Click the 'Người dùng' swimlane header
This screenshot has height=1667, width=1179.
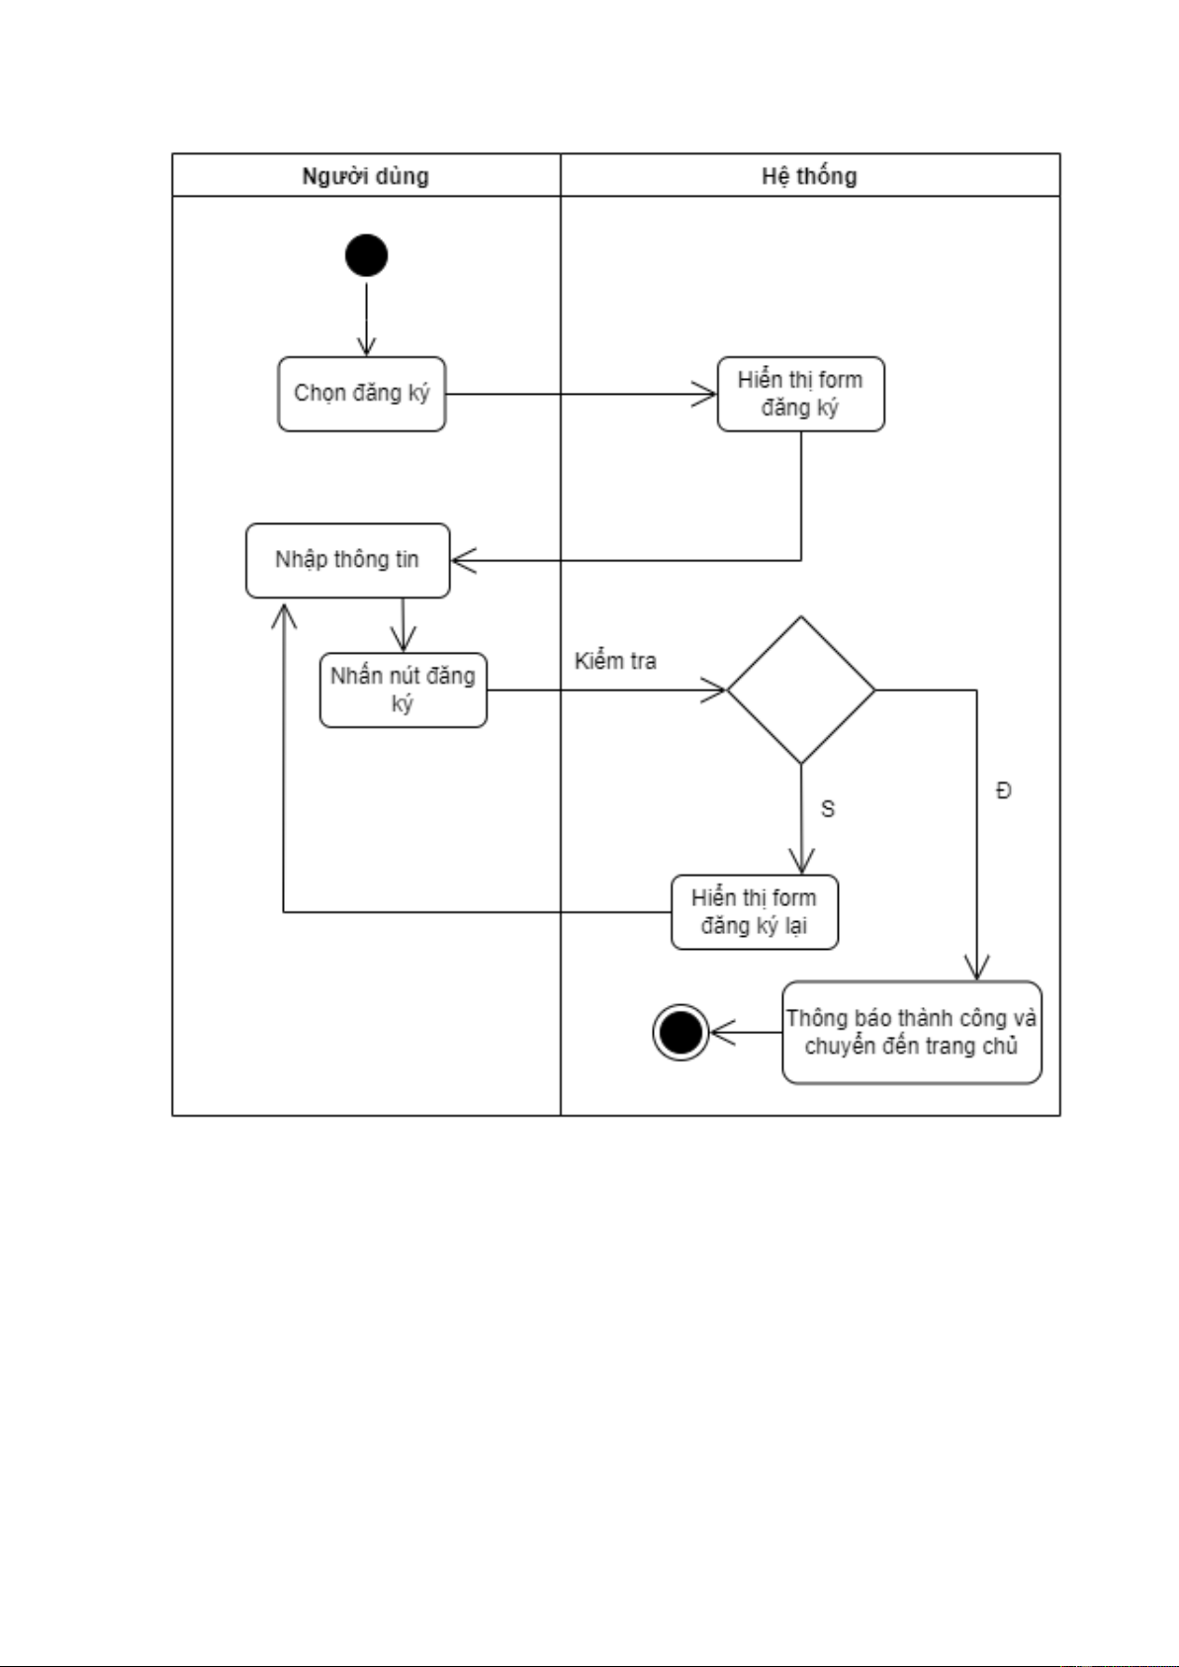(x=365, y=176)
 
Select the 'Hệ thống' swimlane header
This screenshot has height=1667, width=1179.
(x=809, y=176)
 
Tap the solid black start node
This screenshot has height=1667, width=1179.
(x=366, y=255)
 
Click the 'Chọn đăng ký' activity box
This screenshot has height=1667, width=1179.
(x=362, y=394)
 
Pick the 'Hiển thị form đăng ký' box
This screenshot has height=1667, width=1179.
(x=800, y=394)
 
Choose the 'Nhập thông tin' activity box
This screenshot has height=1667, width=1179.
(x=347, y=560)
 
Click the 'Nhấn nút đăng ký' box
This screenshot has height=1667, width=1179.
(x=403, y=690)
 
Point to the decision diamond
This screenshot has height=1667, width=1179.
(x=801, y=690)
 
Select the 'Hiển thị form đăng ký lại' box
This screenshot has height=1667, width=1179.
(x=754, y=912)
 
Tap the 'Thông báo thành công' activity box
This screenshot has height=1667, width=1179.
(x=911, y=1032)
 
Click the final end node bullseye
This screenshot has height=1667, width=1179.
(x=680, y=1032)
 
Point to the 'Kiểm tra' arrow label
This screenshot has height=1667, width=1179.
(x=615, y=661)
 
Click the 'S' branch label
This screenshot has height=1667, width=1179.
(x=828, y=809)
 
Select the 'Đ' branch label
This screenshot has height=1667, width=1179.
(x=1004, y=790)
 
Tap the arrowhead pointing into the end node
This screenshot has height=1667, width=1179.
(x=721, y=1032)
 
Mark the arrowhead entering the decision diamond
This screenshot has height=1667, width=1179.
(x=715, y=690)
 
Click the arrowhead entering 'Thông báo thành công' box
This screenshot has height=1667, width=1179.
(x=977, y=969)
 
